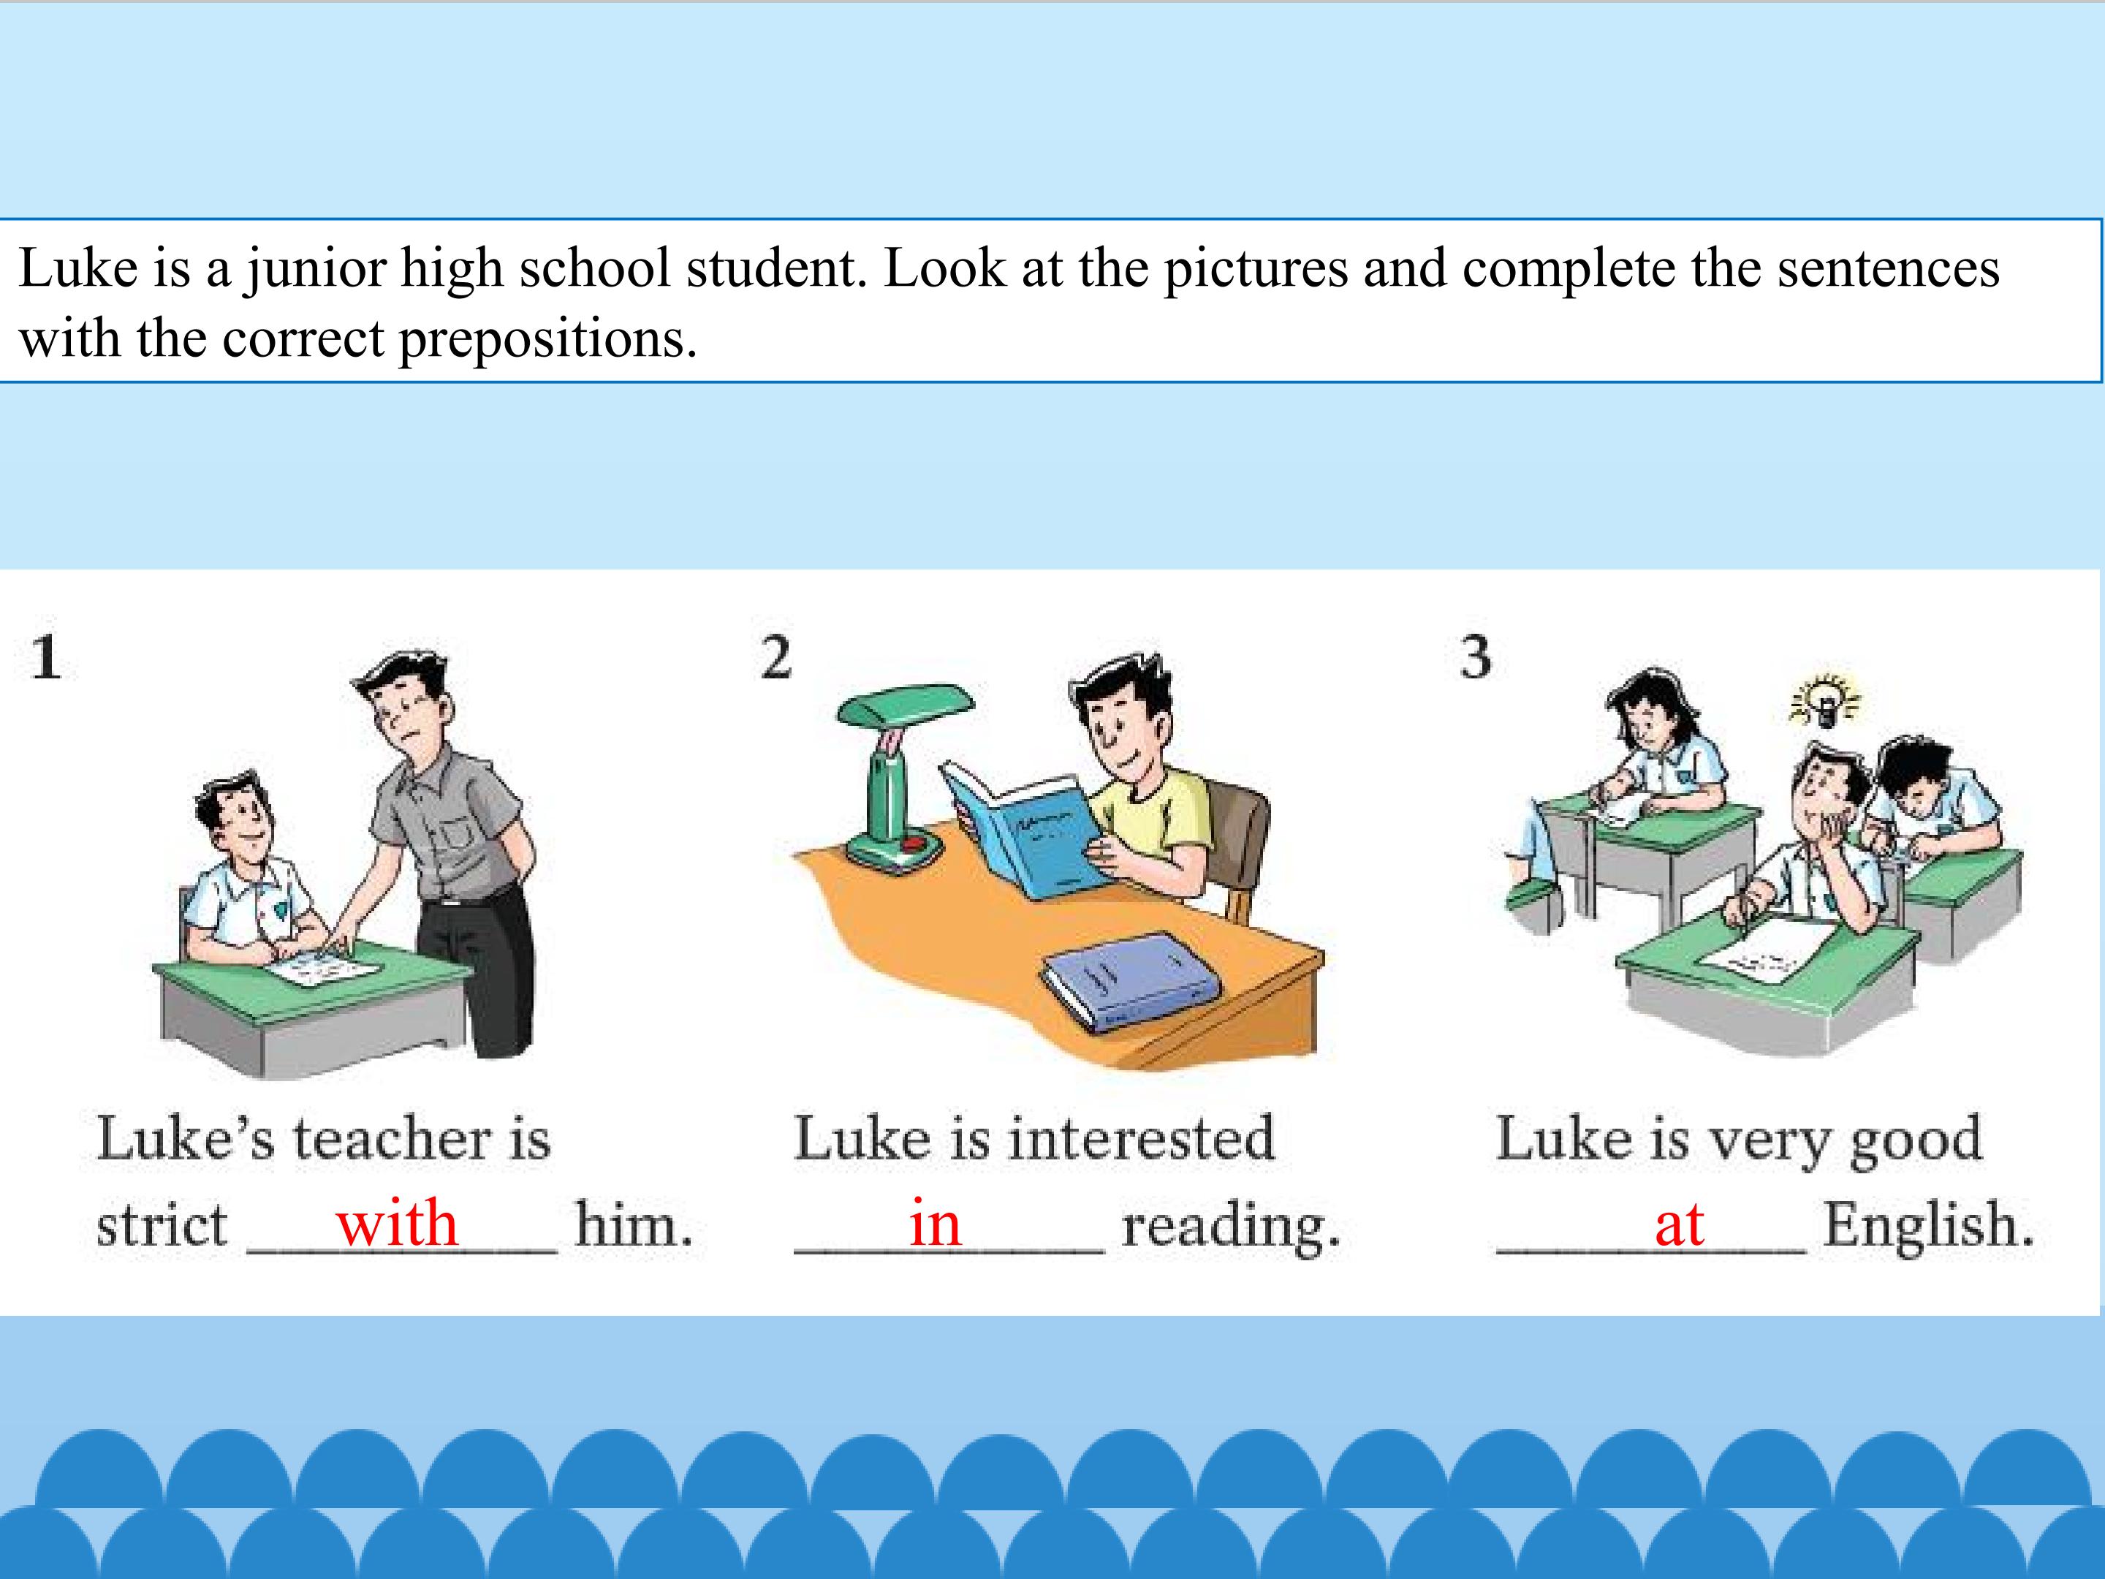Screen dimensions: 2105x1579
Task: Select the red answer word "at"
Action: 1679,1226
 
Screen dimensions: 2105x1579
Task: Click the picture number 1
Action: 45,658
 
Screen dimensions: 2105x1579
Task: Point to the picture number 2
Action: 775,658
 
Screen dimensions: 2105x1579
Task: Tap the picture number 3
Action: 1476,658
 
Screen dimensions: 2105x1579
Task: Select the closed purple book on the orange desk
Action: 1131,980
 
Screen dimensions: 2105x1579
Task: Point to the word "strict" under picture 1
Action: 162,1225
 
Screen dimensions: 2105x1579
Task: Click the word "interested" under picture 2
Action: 1140,1139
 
